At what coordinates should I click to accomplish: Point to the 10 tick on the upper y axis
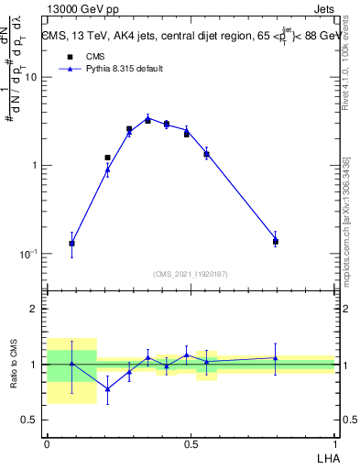pyautogui.click(x=30, y=77)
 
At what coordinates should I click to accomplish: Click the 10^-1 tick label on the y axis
pyautogui.click(x=28, y=254)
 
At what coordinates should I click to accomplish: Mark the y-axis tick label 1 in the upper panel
pyautogui.click(x=34, y=166)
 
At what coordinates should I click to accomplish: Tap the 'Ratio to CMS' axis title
pyautogui.click(x=14, y=364)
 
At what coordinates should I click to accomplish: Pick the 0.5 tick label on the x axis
pyautogui.click(x=191, y=444)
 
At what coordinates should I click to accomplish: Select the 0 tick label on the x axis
pyautogui.click(x=47, y=444)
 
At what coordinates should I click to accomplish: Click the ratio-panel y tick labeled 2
pyautogui.click(x=34, y=310)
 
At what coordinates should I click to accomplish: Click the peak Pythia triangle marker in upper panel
pyautogui.click(x=147, y=117)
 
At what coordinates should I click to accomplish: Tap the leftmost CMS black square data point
pyautogui.click(x=72, y=244)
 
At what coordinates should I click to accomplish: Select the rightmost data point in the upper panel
pyautogui.click(x=275, y=241)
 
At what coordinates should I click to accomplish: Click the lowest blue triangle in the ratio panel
pyautogui.click(x=107, y=389)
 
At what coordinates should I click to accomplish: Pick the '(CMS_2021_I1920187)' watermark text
pyautogui.click(x=191, y=273)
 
